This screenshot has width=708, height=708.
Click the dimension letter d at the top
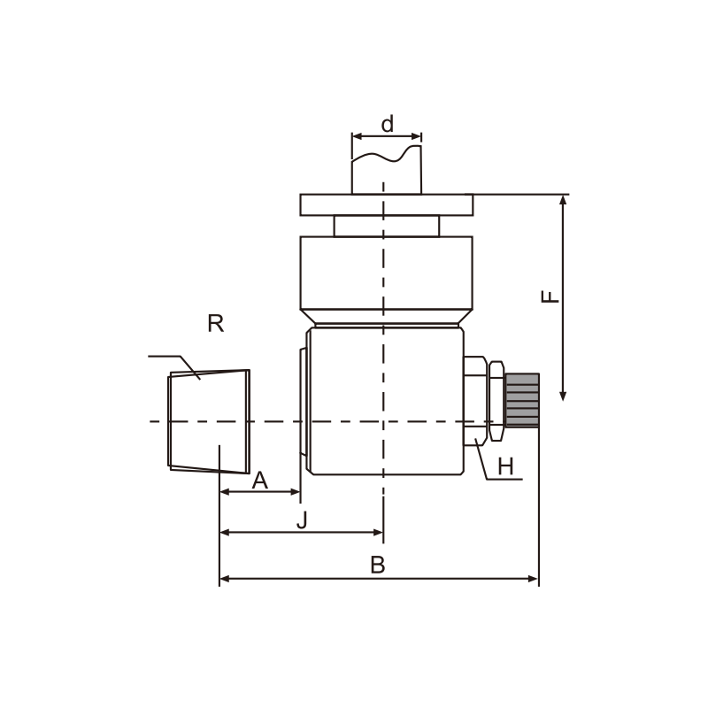coord(388,124)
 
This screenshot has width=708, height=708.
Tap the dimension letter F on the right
coord(550,296)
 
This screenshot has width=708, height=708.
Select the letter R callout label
coord(215,323)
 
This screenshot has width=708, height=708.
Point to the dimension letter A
coord(260,480)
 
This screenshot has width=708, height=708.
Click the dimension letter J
coord(302,519)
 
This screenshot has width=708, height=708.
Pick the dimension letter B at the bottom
coord(378,565)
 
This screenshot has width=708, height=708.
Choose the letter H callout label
coord(505,466)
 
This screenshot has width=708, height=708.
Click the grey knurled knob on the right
coord(522,400)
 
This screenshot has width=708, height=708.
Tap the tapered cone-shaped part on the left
coord(209,421)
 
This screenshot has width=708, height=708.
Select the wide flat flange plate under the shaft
coord(387,205)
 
